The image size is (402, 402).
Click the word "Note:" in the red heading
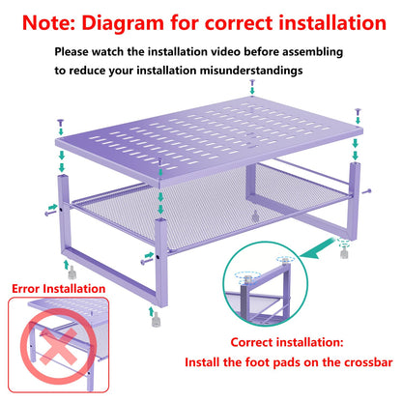[50, 21]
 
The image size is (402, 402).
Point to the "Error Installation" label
[59, 288]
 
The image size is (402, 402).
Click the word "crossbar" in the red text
[353, 364]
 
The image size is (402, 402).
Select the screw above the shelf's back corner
[252, 85]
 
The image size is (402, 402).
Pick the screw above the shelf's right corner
[358, 113]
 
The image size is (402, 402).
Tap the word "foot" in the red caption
[265, 364]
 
